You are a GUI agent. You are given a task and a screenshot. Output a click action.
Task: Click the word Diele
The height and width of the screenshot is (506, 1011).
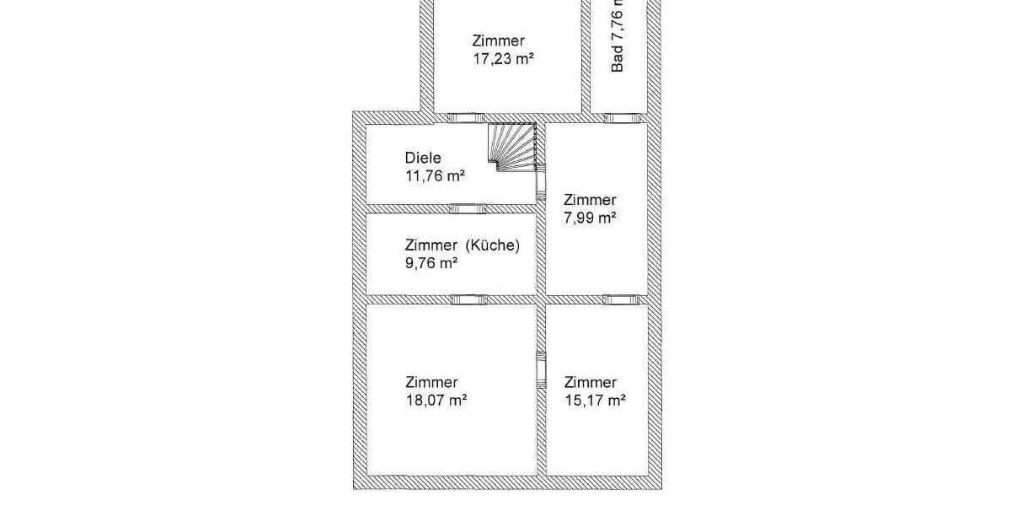pos(424,158)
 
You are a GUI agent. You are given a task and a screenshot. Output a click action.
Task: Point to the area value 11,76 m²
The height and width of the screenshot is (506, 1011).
pos(436,175)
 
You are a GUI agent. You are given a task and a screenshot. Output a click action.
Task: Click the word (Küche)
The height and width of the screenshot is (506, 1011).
pos(493,245)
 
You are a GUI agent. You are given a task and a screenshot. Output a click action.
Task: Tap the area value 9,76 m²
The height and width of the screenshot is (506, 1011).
pos(431,263)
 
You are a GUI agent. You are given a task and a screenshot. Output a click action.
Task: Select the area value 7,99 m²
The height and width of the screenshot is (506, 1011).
pos(590,218)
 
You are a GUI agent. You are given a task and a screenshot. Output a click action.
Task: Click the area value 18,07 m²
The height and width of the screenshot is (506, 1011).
pos(436,401)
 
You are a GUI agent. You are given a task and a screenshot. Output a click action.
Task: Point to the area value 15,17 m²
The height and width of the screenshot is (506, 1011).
pos(595,401)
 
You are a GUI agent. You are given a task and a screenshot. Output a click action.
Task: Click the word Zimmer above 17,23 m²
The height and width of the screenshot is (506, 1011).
pos(499,40)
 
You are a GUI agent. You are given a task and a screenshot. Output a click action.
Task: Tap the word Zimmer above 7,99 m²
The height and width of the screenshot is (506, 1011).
pos(590,200)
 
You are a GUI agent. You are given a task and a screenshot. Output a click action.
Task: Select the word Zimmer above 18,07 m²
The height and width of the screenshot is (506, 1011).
pos(431,382)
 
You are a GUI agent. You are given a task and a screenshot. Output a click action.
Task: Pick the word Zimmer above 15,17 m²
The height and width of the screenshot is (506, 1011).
pos(591,382)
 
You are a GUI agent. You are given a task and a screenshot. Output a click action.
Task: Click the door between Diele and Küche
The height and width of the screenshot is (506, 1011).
pos(468,208)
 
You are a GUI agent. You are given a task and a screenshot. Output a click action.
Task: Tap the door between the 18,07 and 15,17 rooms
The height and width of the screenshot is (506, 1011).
pos(542,369)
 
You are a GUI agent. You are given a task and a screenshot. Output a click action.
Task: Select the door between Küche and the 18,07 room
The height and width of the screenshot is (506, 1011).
pos(468,299)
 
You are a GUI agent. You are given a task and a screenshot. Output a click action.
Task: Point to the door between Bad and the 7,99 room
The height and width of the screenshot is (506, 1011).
pos(619,117)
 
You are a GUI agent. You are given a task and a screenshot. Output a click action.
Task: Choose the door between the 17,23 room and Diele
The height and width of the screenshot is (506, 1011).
pos(465,117)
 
